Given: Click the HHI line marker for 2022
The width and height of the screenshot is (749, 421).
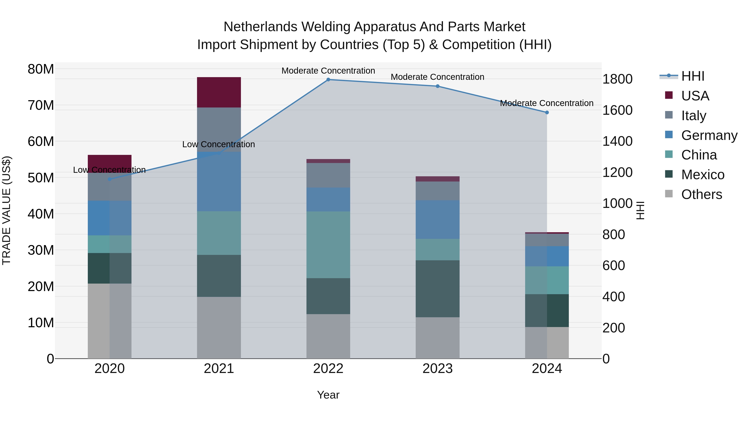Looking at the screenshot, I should [328, 80].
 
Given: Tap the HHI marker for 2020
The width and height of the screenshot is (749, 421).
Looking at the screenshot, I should [110, 179].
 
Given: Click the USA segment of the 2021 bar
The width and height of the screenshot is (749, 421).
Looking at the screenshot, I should [219, 92].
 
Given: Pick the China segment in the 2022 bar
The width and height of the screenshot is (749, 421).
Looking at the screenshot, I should [328, 245].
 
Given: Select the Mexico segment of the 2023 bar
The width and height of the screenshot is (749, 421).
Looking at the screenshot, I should [438, 289].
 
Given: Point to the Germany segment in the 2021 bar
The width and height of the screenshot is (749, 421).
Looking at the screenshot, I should [219, 181].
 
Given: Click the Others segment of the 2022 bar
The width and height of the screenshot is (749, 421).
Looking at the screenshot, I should [328, 336].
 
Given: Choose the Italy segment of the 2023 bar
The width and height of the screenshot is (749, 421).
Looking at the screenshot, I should [438, 191].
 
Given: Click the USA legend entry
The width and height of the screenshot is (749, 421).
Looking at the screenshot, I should [695, 96].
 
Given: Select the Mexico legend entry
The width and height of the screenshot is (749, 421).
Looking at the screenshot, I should [702, 175].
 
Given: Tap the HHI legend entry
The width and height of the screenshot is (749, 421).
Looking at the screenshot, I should [693, 76].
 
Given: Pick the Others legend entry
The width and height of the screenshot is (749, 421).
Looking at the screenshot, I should [701, 194].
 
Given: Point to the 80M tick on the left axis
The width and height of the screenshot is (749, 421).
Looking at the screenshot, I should [41, 69].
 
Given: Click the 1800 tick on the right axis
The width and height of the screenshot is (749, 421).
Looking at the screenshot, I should [617, 79].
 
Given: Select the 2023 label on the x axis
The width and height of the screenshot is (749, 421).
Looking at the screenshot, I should [438, 369].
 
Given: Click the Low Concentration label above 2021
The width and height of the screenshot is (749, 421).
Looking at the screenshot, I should [219, 144].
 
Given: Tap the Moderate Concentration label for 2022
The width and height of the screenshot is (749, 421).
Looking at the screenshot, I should [328, 71].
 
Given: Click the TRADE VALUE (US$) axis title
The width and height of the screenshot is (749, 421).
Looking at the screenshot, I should [6, 210].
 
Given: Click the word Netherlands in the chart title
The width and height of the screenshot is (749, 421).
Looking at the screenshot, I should [260, 27].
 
